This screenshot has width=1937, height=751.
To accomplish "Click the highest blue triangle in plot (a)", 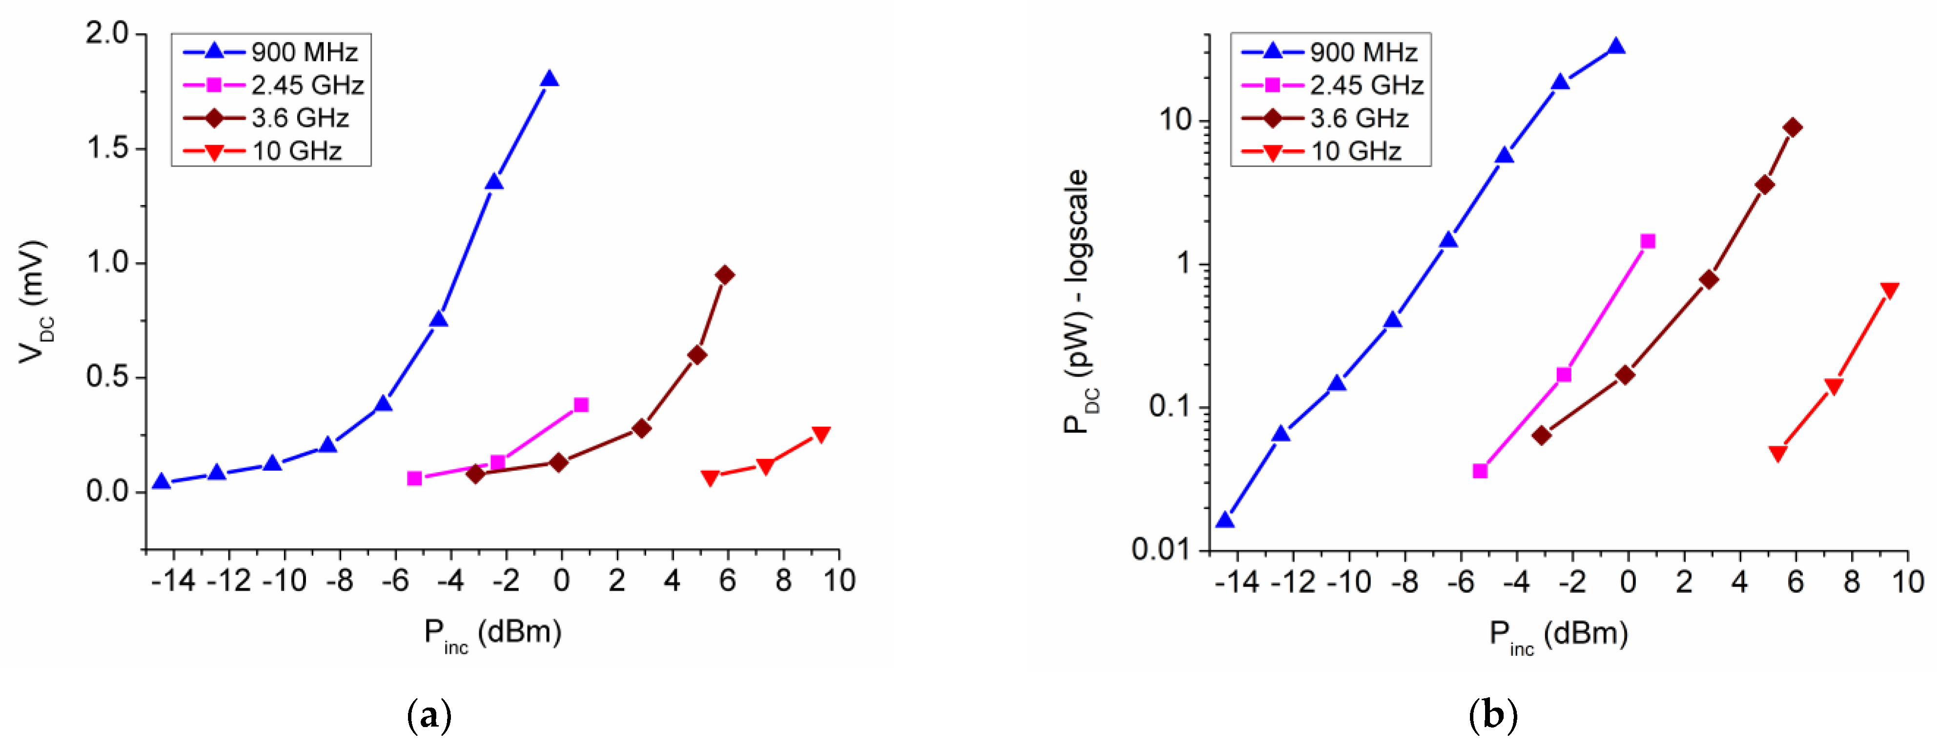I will (x=549, y=80).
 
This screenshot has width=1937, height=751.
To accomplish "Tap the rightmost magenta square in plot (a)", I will (x=580, y=405).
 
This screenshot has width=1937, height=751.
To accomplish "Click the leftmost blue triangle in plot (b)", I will (x=1225, y=520).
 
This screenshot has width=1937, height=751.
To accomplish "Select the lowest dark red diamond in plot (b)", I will (x=1542, y=435).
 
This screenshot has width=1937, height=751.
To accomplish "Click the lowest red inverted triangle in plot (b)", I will (x=1777, y=453).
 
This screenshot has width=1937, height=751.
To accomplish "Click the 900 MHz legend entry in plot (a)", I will (x=271, y=52).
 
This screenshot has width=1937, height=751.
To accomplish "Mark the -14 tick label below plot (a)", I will (x=174, y=581).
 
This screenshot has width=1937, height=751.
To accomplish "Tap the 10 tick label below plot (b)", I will (x=1907, y=582).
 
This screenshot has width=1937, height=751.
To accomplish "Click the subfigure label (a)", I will (x=429, y=715).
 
